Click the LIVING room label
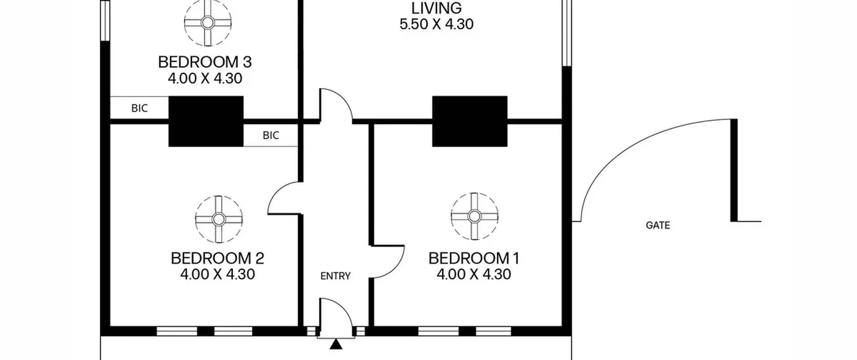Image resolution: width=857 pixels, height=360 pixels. tap(436, 8)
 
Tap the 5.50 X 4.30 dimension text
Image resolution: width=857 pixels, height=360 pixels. tap(436, 24)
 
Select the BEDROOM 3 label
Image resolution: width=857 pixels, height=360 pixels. tap(205, 62)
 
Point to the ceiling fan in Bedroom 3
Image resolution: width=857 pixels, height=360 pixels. tap(208, 23)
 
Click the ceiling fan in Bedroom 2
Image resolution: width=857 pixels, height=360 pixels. tap(219, 219)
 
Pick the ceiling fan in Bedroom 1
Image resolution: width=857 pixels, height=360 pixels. tap(474, 216)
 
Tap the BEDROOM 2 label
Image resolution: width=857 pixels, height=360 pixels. tap(217, 258)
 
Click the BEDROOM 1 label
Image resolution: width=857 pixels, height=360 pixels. tap(474, 258)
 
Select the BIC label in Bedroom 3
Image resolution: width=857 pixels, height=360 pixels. tap(139, 108)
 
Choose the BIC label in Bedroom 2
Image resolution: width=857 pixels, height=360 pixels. tap(271, 135)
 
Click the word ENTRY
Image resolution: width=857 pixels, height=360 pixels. tap(335, 276)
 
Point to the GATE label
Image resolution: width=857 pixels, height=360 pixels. tap(658, 225)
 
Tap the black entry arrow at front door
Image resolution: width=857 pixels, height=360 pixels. tap(336, 344)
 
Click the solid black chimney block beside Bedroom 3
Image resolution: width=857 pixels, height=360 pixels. tap(206, 121)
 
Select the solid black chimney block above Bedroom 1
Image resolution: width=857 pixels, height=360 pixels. tap(470, 121)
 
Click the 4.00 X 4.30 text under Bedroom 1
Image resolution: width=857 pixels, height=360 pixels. tap(474, 274)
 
